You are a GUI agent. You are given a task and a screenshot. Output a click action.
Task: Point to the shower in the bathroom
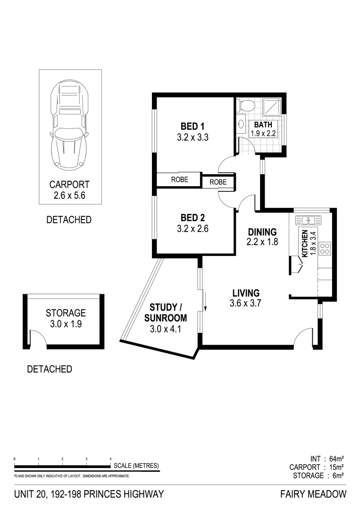tap(271, 107)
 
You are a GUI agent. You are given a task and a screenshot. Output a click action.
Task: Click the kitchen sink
tap(309, 220)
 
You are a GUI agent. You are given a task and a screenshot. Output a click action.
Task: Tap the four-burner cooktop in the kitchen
tap(325, 248)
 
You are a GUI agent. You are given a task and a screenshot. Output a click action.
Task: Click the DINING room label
tap(262, 232)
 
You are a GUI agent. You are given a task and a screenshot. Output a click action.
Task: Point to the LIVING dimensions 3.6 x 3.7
tap(245, 304)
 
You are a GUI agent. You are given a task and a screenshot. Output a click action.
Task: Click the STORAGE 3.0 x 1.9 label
tap(66, 318)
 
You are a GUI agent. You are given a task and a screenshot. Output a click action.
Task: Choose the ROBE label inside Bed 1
tap(179, 179)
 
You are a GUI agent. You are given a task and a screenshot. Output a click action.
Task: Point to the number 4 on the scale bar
tap(110, 459)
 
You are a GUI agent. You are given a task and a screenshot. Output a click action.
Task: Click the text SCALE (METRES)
tap(136, 466)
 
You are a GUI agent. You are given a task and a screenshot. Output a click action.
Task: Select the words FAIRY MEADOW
tap(313, 494)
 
